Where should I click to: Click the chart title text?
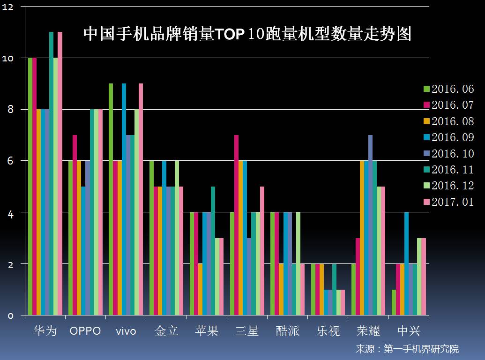(x=247, y=34)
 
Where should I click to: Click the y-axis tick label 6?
(x=10, y=161)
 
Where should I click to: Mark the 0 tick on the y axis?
(x=10, y=316)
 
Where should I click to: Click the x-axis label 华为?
(x=45, y=331)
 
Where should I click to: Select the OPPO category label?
(x=85, y=331)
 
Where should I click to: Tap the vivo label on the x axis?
(x=126, y=331)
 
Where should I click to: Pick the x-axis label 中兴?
(x=409, y=331)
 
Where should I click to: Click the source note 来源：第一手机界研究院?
(x=407, y=349)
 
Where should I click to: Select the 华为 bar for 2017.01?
(x=60, y=173)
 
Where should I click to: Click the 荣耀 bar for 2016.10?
(x=371, y=225)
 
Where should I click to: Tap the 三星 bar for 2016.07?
(x=237, y=225)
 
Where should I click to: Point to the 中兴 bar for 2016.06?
(x=394, y=302)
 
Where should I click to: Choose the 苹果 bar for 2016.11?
(x=213, y=251)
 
